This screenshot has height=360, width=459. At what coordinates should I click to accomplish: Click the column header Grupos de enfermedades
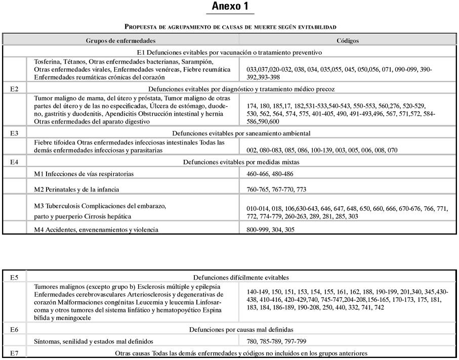click(120, 40)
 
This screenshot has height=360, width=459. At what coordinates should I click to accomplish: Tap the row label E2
click(15, 89)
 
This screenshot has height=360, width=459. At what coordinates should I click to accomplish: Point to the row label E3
click(15, 133)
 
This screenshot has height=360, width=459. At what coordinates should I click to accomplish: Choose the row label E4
click(15, 162)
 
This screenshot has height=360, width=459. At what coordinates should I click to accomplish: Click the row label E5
click(15, 277)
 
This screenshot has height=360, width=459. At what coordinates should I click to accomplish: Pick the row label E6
click(15, 330)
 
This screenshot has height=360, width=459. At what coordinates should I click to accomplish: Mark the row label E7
click(15, 353)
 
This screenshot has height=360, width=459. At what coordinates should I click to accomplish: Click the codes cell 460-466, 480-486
click(270, 174)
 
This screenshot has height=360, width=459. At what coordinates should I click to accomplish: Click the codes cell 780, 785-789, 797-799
click(276, 341)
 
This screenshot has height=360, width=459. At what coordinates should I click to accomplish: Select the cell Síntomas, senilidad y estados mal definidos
click(94, 341)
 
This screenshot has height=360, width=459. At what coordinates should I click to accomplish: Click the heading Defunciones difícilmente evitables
click(241, 277)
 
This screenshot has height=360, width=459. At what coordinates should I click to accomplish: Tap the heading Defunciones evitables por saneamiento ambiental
click(241, 133)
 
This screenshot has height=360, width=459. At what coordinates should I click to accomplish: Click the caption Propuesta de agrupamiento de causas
click(230, 26)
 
